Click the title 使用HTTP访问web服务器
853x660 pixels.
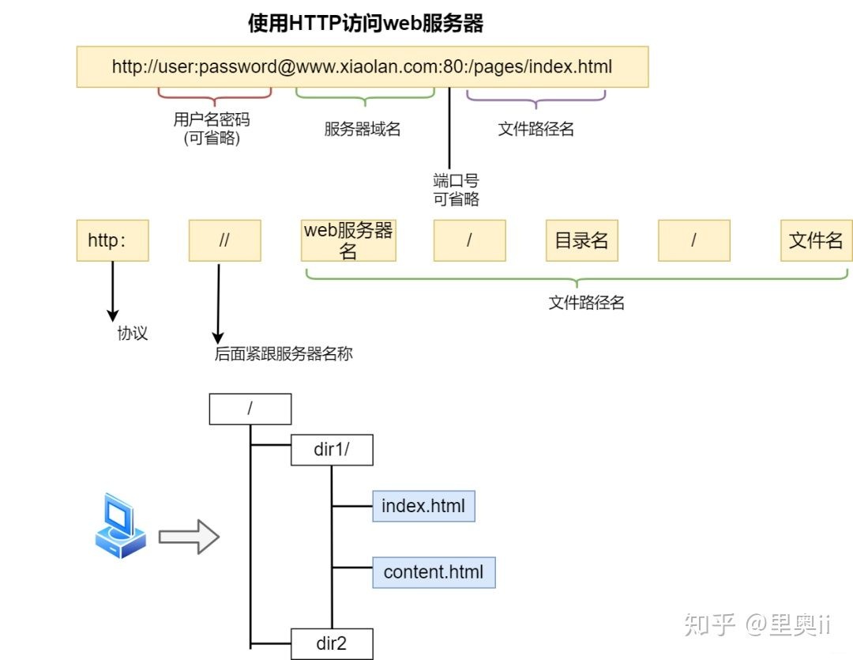366,24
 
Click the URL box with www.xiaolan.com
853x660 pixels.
363,67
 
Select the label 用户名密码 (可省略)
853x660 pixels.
212,129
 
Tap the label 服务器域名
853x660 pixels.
363,129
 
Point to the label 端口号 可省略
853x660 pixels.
456,190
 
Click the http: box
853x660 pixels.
113,240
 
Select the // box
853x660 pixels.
224,240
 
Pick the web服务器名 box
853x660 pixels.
348,240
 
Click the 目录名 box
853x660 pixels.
582,240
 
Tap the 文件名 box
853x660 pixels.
816,240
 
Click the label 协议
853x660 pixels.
132,334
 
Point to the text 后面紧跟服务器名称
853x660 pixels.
284,354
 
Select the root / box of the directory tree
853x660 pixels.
250,409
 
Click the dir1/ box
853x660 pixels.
332,450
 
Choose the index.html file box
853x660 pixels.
423,506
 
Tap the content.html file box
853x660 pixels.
434,572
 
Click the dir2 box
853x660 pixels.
332,643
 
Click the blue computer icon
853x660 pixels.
120,526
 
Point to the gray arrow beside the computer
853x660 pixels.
189,537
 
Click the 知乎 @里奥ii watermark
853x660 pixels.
757,624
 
